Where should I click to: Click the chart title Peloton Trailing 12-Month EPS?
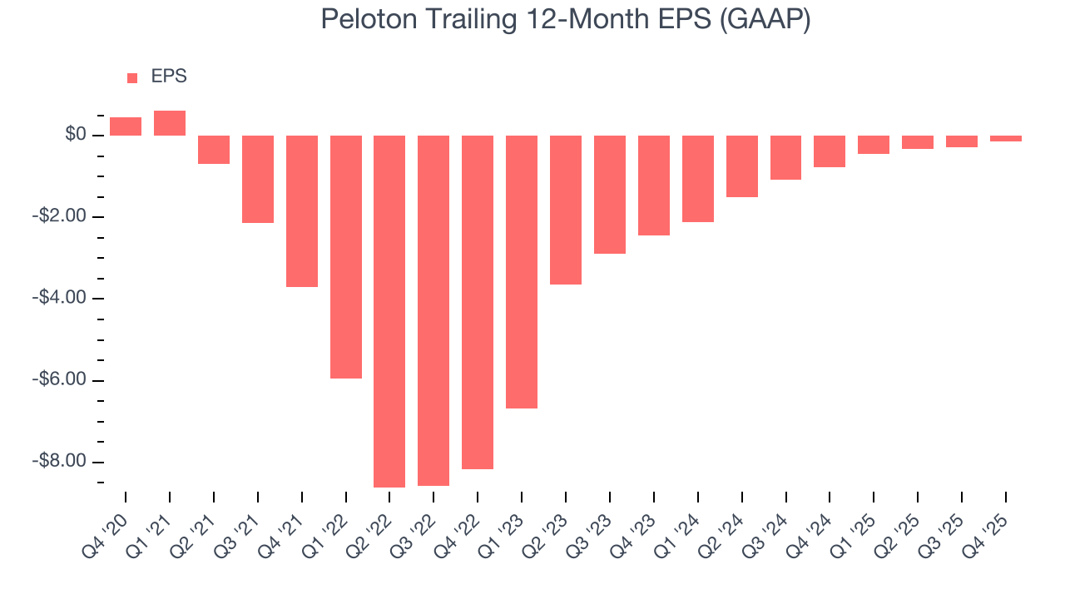(x=566, y=20)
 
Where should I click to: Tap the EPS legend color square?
(x=132, y=77)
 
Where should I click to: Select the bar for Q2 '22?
(x=389, y=311)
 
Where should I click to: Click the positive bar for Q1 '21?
(x=170, y=123)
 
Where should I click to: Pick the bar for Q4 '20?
(x=126, y=126)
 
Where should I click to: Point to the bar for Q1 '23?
(x=522, y=271)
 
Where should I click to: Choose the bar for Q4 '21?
(x=302, y=210)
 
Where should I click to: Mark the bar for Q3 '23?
(x=610, y=194)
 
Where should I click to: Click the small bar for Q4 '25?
(x=1005, y=138)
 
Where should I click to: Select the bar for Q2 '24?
(x=741, y=166)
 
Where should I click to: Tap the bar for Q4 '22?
(x=478, y=302)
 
